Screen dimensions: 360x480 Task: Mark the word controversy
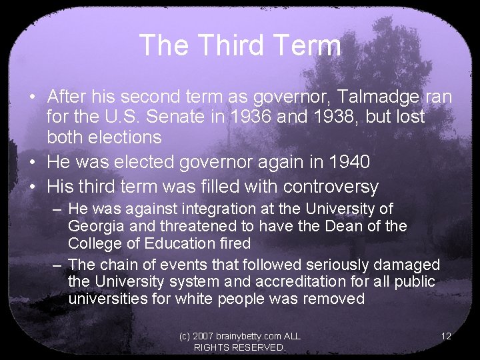coord(331,187)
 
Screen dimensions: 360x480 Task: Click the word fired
coord(234,243)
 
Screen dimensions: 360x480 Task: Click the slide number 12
coord(446,336)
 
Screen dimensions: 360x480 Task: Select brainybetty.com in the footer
coord(241,336)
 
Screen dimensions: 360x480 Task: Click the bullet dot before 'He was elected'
coord(31,162)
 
